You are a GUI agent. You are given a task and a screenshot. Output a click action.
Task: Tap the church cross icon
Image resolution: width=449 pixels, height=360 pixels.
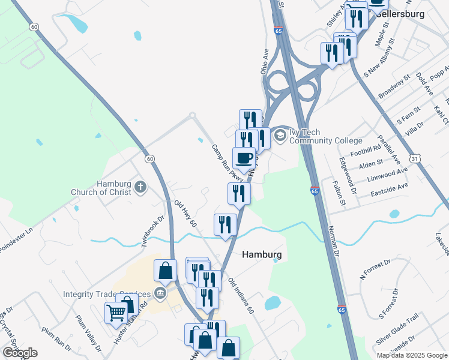pos(140,187)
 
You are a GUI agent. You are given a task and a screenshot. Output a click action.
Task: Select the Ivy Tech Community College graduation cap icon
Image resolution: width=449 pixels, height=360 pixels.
pos(280,136)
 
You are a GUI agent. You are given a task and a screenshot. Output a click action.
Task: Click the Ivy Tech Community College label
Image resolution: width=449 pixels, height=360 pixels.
pos(326,136)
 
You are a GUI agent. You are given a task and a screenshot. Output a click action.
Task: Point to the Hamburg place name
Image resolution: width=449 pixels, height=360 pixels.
pos(262,254)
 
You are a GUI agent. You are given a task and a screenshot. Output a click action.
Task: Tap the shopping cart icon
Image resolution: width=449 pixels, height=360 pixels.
pos(115,312)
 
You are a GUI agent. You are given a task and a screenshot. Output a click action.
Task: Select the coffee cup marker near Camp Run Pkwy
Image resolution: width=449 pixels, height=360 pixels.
pos(244,158)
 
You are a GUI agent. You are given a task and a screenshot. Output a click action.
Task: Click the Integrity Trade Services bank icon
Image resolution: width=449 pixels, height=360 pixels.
pos(160,294)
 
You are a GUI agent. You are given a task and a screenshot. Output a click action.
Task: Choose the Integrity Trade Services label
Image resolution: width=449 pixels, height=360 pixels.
pos(109,294)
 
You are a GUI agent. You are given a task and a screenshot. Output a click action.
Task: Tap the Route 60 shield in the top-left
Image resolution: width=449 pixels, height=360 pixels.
pos(34,27)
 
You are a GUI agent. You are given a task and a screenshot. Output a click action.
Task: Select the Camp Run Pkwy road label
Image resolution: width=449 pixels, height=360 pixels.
pos(227,163)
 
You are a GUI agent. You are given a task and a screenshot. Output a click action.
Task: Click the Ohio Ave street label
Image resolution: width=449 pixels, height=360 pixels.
pos(265,62)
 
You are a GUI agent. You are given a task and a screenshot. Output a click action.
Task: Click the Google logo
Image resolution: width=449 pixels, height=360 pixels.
pos(20,353)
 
